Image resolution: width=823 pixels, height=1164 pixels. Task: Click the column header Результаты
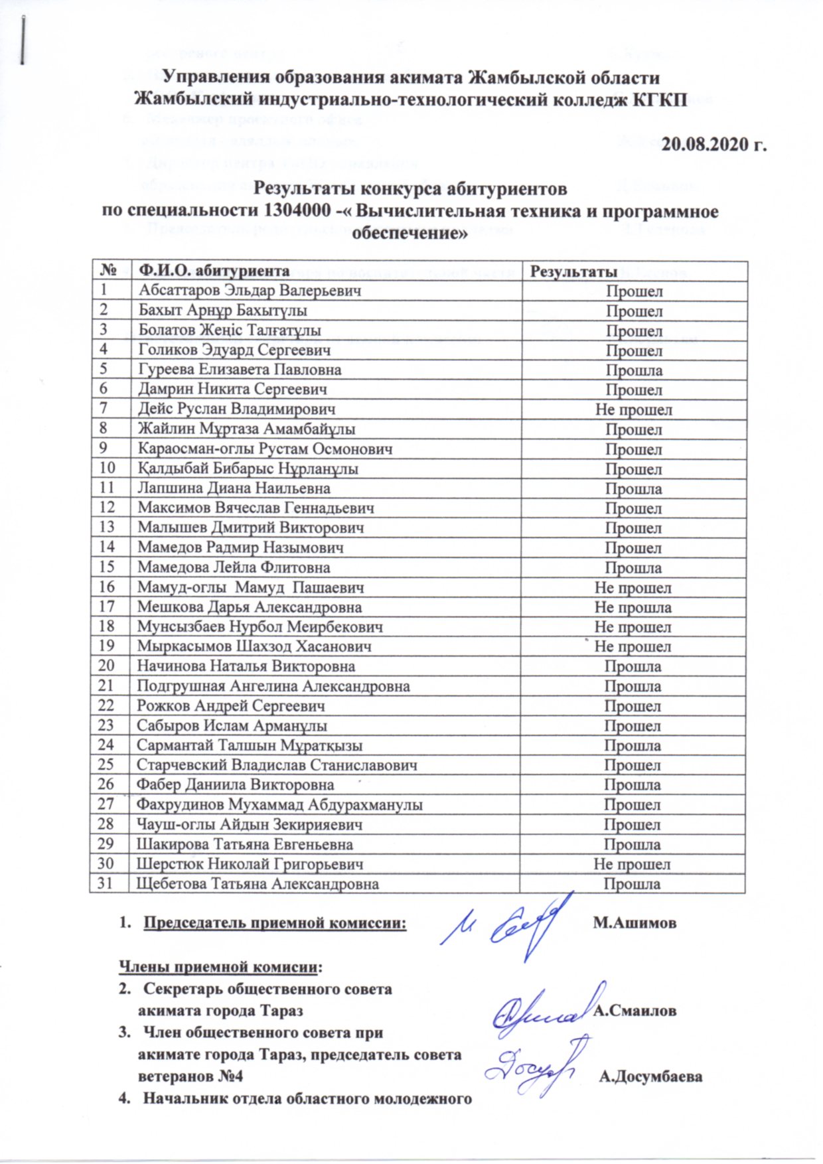[x=572, y=271]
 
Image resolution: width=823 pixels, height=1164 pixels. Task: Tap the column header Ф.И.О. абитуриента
[x=214, y=271]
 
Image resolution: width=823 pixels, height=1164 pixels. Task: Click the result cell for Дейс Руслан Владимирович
[x=633, y=409]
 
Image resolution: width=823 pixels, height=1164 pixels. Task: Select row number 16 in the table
[x=106, y=587]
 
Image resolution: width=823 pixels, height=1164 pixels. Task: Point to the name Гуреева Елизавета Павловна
[x=240, y=370]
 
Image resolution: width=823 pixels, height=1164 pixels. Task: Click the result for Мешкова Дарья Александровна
[x=633, y=607]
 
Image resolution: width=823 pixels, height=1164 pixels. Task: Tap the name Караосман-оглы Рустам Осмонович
[x=265, y=449]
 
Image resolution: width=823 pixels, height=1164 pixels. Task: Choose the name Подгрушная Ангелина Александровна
[x=273, y=686]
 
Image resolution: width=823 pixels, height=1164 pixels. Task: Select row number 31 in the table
[x=106, y=884]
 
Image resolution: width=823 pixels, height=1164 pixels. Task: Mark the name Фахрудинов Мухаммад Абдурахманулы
[x=279, y=805]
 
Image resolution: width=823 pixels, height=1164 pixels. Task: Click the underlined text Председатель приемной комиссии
[x=275, y=923]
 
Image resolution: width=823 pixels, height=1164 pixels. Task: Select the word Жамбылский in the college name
[x=194, y=99]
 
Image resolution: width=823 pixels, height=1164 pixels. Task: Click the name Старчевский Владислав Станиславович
[x=277, y=765]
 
